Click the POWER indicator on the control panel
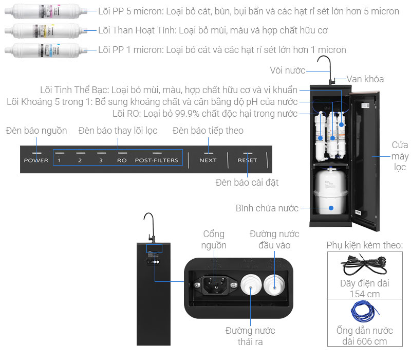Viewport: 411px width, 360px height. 36,160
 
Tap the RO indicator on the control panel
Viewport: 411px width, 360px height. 122,160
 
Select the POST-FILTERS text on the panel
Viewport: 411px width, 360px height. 157,160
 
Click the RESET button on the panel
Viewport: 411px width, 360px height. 247,160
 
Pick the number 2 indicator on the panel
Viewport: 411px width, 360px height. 80,160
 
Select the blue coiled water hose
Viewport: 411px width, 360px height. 365,311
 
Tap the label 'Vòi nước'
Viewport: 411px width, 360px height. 288,70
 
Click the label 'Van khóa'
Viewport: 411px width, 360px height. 365,79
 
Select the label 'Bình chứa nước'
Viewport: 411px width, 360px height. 267,208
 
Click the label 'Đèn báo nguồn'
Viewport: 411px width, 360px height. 36,131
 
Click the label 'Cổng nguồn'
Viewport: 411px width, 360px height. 214,240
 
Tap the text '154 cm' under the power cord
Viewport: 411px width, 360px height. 365,294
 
